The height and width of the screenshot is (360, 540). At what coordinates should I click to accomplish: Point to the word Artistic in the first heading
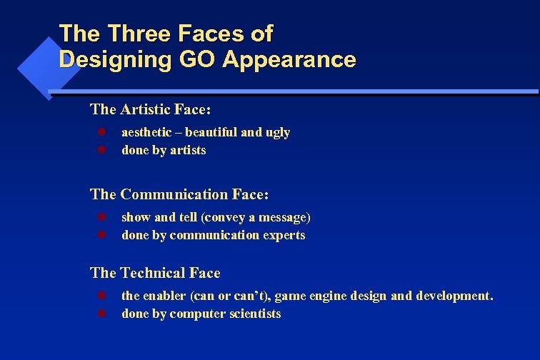click(146, 109)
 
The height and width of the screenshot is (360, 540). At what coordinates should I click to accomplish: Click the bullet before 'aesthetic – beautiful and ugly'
click(101, 132)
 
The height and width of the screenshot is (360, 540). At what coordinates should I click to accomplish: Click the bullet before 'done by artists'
click(101, 150)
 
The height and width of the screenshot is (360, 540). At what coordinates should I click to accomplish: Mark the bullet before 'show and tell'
click(101, 217)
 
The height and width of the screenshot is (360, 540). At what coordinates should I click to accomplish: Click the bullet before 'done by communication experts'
click(101, 235)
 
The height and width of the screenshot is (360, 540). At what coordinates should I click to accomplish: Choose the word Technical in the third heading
click(153, 273)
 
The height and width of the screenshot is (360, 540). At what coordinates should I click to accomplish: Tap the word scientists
click(254, 314)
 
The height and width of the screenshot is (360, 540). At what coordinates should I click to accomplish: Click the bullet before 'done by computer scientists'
click(101, 314)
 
